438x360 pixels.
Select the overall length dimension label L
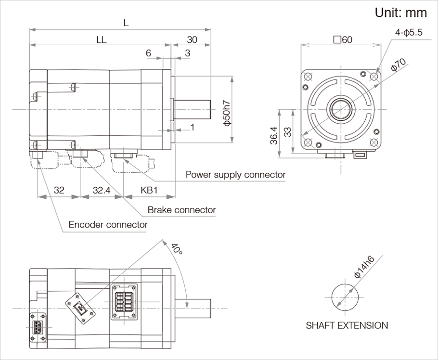coord(126,23)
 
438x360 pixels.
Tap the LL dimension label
coord(101,40)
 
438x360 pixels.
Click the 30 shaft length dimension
coord(192,40)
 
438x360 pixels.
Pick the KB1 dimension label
coord(149,190)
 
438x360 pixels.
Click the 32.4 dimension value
coord(102,190)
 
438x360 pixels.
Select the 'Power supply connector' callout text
coord(235,175)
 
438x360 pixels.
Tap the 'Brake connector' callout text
coord(181,210)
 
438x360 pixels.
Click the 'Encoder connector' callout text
coord(108,225)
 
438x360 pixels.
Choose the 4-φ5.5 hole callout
coord(409,32)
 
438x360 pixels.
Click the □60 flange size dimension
coord(343,40)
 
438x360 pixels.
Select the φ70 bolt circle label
coord(399,65)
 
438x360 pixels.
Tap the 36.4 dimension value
coord(273,135)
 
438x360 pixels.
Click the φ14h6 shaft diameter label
coord(364,267)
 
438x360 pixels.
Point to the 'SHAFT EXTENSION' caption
coord(347,325)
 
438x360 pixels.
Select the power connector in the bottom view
coord(125,301)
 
